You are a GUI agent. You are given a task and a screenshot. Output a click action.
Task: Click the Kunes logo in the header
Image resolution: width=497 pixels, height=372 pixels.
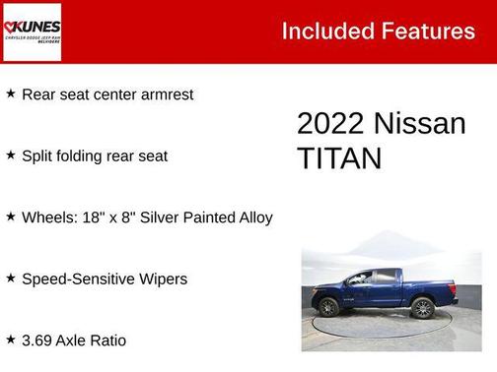point(33,31)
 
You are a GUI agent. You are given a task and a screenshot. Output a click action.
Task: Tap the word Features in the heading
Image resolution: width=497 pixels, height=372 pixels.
point(428,31)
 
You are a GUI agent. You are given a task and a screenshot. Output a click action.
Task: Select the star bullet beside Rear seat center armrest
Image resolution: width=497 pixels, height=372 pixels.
point(10,93)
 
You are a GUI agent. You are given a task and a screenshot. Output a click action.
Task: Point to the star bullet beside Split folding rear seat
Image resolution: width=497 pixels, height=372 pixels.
point(10,155)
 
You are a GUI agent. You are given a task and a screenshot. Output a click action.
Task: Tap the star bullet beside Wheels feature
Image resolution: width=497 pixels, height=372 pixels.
point(10,217)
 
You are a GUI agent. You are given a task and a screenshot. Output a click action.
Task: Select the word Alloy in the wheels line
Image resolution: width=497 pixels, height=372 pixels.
point(251,217)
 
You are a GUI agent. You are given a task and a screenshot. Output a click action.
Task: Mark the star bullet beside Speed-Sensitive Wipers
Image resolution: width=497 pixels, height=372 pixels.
point(10,279)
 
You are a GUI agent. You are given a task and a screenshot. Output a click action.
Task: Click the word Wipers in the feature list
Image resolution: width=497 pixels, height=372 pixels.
point(162,279)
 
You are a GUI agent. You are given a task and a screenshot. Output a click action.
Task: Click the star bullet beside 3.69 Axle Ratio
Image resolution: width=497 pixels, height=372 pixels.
point(10,341)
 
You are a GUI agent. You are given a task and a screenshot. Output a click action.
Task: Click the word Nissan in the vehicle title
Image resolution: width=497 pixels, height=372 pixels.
point(420,123)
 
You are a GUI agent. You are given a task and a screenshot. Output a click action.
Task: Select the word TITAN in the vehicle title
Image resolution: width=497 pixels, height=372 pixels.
point(339,158)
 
